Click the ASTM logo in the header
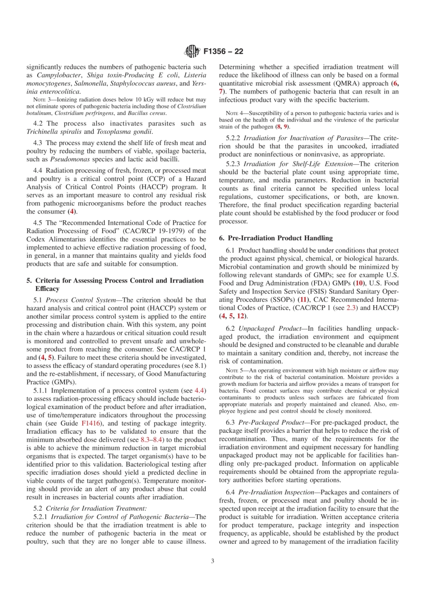click(x=192, y=51)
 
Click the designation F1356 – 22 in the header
click(x=223, y=51)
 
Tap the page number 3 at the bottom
click(x=212, y=560)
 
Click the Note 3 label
click(x=42, y=100)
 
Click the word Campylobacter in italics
click(x=59, y=75)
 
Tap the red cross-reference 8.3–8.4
click(x=152, y=440)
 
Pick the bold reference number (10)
click(x=359, y=283)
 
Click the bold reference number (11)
click(x=303, y=299)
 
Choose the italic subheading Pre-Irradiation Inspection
click(x=276, y=492)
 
